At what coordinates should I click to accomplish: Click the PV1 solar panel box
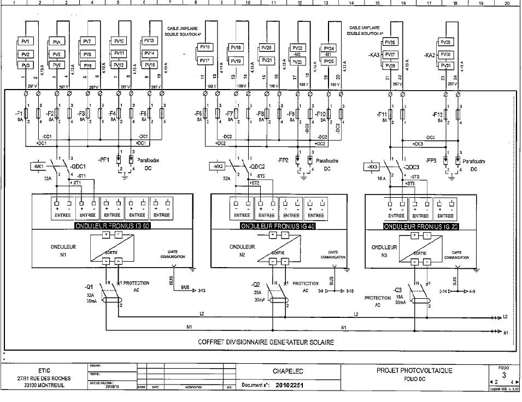[x=27, y=42]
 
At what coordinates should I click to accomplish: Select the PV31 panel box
[x=447, y=66]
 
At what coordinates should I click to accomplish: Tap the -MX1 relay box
[x=38, y=165]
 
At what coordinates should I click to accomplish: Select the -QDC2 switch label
[x=256, y=167]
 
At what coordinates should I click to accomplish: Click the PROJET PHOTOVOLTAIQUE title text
[x=414, y=370]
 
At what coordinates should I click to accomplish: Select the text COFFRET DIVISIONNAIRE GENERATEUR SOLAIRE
[x=266, y=342]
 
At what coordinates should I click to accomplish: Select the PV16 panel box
[x=204, y=48]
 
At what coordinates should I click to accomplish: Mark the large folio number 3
[x=503, y=375]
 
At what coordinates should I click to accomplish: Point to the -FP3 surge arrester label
[x=431, y=161]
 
